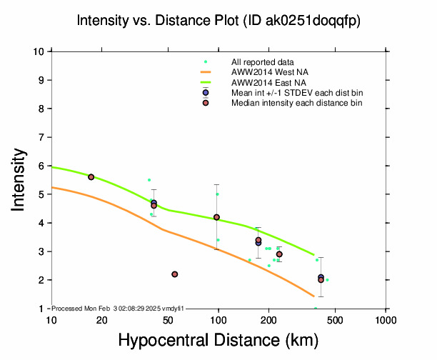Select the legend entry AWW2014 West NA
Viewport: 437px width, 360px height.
pyautogui.click(x=265, y=72)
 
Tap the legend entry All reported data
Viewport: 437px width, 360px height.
pyautogui.click(x=263, y=62)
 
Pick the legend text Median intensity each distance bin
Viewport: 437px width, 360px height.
pyautogui.click(x=296, y=103)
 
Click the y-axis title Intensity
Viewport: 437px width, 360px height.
pyautogui.click(x=20, y=180)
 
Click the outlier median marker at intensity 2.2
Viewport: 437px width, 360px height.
pyautogui.click(x=175, y=274)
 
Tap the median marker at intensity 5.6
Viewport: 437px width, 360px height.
pyautogui.click(x=91, y=177)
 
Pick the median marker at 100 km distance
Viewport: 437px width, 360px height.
pyautogui.click(x=216, y=217)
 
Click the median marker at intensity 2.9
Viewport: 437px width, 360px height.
pyautogui.click(x=279, y=254)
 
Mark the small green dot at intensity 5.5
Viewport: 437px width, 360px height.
pyautogui.click(x=149, y=180)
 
